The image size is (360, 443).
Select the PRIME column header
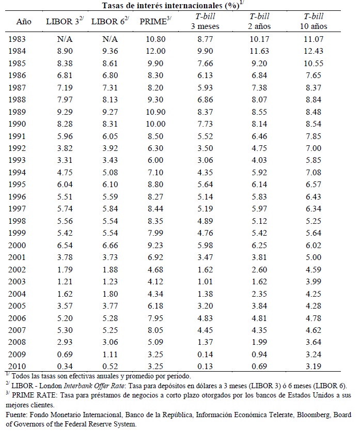(x=152, y=22)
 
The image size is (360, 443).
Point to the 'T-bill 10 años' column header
(x=313, y=21)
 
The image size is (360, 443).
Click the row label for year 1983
(x=20, y=38)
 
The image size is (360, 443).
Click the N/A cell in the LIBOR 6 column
(x=109, y=38)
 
